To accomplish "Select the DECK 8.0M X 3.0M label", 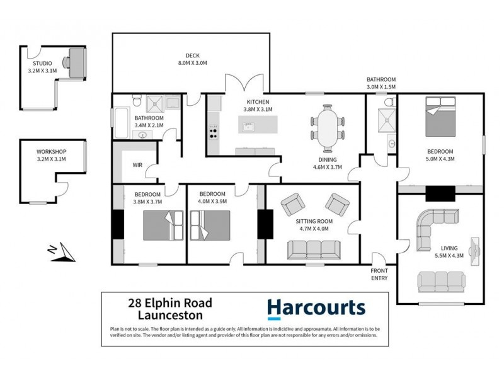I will pyautogui.click(x=192, y=59).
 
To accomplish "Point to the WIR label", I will pyautogui.click(x=137, y=165).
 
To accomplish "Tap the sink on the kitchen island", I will pyautogui.click(x=249, y=128).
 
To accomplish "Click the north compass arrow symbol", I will pyautogui.click(x=62, y=253).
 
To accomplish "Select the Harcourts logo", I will pyautogui.click(x=316, y=308).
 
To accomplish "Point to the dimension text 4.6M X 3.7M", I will pyautogui.click(x=326, y=168).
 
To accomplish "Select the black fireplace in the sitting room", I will pyautogui.click(x=263, y=222).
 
